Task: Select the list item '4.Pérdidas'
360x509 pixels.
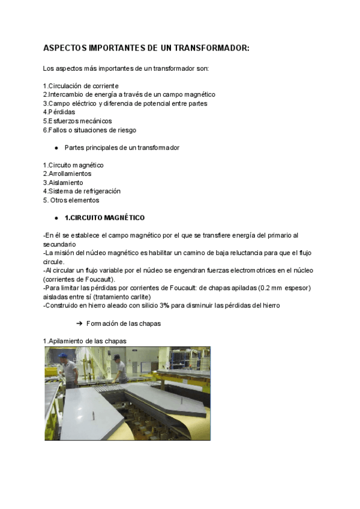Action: tap(59, 112)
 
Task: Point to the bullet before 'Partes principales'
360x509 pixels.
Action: tap(55, 147)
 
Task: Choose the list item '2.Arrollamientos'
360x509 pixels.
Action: tap(67, 173)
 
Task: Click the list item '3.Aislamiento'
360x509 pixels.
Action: tap(63, 182)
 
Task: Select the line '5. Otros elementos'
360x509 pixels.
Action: tap(71, 200)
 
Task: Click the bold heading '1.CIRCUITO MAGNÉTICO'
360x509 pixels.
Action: tap(104, 217)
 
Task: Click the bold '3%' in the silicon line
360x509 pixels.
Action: tap(164, 305)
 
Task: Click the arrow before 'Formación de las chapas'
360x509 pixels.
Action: tap(79, 324)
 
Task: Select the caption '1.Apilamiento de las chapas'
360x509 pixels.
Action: tap(85, 341)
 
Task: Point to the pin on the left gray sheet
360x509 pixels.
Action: tap(95, 415)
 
